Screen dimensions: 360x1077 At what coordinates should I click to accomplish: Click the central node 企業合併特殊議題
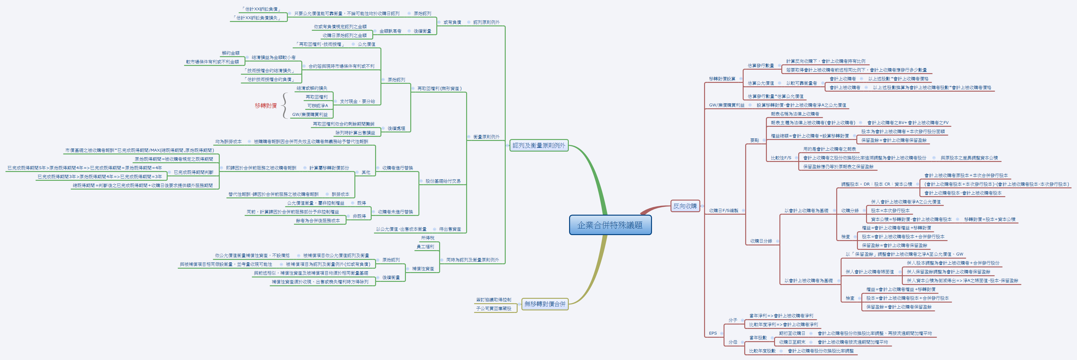pyautogui.click(x=610, y=225)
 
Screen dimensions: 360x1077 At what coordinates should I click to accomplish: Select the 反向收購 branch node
pyautogui.click(x=685, y=206)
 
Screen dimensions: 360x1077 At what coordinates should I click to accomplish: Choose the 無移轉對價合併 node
pyautogui.click(x=544, y=304)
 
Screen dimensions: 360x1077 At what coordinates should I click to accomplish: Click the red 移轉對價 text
pyautogui.click(x=266, y=106)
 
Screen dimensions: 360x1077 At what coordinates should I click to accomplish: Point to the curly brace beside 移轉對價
pyautogui.click(x=284, y=106)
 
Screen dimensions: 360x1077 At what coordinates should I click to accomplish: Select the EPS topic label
pyautogui.click(x=713, y=333)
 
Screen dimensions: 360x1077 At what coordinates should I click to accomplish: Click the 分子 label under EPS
pyautogui.click(x=733, y=320)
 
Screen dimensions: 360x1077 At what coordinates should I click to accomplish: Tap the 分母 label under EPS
pyautogui.click(x=733, y=342)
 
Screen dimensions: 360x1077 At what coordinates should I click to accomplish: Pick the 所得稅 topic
pyautogui.click(x=428, y=238)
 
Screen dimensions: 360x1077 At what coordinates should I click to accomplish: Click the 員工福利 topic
pyautogui.click(x=426, y=247)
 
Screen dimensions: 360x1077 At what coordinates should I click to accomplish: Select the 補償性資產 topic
pyautogui.click(x=423, y=268)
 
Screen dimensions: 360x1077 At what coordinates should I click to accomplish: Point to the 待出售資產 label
pyautogui.click(x=450, y=229)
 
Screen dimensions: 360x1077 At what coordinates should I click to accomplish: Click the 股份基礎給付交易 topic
pyautogui.click(x=443, y=181)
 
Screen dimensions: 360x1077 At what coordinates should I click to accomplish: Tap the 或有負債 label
pyautogui.click(x=452, y=22)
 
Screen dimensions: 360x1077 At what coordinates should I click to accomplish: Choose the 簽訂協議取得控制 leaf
pyautogui.click(x=493, y=300)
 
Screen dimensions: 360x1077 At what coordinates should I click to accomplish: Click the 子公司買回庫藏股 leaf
pyautogui.click(x=493, y=309)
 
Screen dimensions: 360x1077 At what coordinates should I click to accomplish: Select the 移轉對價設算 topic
pyautogui.click(x=722, y=78)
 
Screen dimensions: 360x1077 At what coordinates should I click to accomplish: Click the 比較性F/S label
pyautogui.click(x=781, y=158)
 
